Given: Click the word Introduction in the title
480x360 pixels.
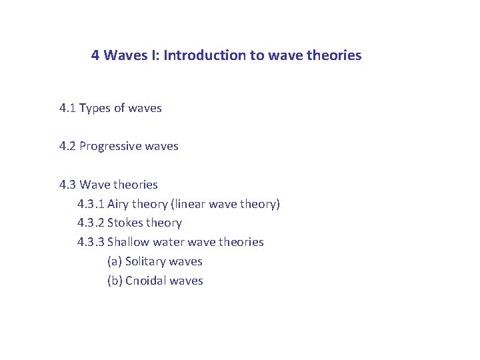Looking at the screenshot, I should click(x=205, y=55).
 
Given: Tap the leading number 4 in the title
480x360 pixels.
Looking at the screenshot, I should click(x=95, y=55).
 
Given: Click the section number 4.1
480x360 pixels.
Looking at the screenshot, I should click(x=67, y=108).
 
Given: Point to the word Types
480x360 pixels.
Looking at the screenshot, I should click(x=95, y=108).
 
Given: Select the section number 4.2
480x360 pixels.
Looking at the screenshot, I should click(x=67, y=146).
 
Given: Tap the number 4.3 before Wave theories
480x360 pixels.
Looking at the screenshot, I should click(x=67, y=185).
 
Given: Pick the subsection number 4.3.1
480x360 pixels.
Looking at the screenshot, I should click(x=91, y=204).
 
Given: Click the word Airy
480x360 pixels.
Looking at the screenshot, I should click(x=119, y=204).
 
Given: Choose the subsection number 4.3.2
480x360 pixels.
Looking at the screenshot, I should click(x=91, y=223).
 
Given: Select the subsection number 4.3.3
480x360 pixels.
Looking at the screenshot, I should click(x=91, y=242).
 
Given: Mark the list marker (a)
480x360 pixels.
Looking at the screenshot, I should click(x=115, y=261).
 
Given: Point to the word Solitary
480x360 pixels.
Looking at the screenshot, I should click(x=145, y=261).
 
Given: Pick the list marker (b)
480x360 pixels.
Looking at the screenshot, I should click(x=115, y=281).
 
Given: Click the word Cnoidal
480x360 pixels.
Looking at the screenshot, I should click(x=146, y=281).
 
